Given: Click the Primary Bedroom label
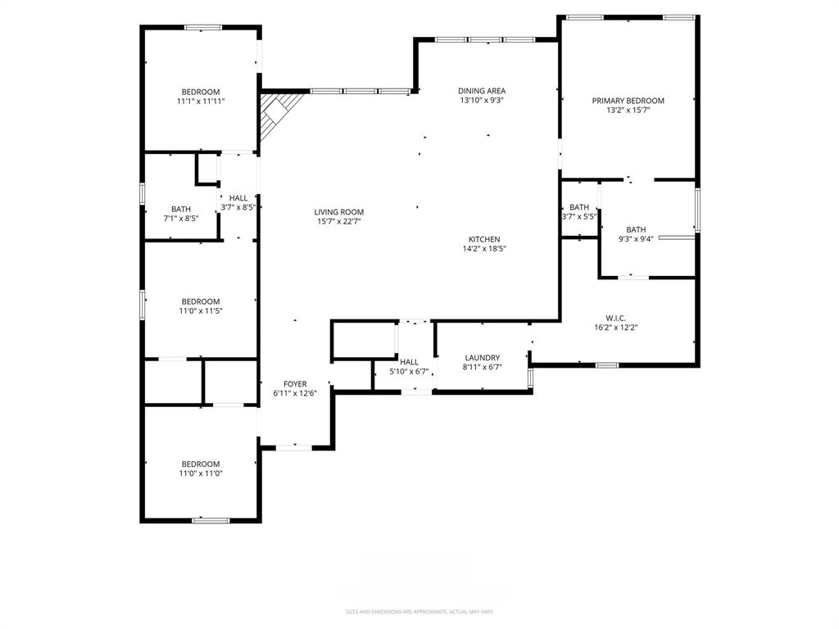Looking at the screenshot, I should pos(628,101).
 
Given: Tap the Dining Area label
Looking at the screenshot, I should pos(481,91).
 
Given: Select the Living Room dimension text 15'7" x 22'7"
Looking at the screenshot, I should pos(338,222).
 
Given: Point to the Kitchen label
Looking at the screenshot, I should pos(484,239).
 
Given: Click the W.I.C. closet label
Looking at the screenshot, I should pos(615,317).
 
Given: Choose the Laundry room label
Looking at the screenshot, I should pos(482,358).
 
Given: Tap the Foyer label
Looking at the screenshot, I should pos(295,384).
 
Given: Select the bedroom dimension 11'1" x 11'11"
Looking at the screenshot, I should pos(201,102).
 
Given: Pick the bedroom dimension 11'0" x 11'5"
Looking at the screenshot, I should pos(201,311).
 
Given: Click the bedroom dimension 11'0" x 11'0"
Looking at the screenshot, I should pos(201,473).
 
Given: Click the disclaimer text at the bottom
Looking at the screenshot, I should pos(419,612).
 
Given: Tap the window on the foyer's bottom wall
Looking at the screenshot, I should pos(293,447).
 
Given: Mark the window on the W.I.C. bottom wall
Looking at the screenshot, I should pos(606,364).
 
